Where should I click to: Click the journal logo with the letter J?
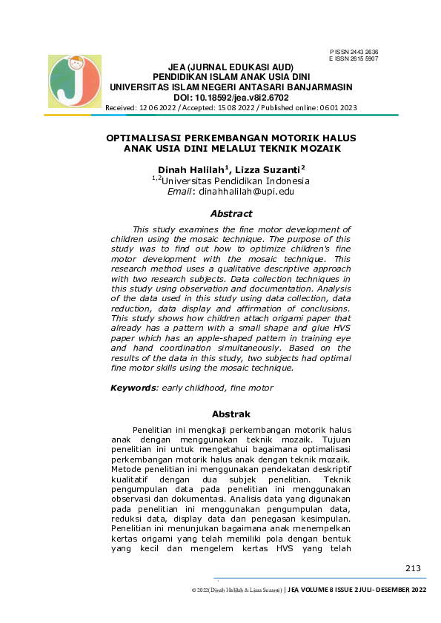74,81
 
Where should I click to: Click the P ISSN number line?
354,51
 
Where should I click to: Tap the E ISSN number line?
354,58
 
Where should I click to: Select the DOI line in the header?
231,97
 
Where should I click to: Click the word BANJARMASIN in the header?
315,87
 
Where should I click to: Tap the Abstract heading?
231,214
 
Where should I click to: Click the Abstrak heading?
231,414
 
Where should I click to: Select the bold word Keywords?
133,388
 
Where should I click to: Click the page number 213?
413,568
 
